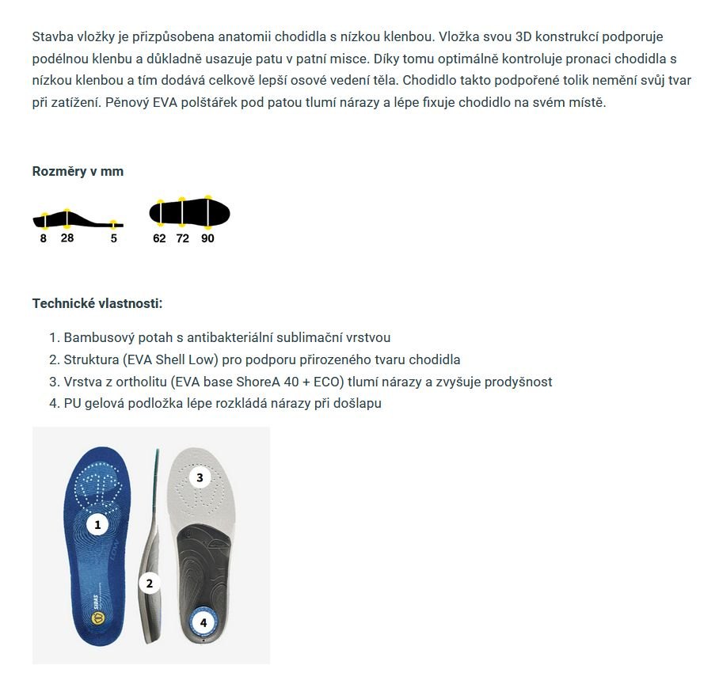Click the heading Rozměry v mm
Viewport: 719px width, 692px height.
[78, 171]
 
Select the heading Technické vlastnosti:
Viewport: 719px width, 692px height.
[97, 303]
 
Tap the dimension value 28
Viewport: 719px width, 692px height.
[67, 238]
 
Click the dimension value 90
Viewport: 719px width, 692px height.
[207, 238]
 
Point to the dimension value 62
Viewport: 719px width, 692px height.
[159, 238]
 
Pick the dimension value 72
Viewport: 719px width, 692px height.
[183, 238]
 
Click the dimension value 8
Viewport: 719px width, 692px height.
[44, 238]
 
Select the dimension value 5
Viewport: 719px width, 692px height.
[114, 238]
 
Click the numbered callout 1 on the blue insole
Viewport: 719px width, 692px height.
[97, 524]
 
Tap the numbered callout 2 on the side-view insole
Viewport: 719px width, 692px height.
[149, 584]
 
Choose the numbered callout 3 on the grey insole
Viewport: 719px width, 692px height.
[200, 477]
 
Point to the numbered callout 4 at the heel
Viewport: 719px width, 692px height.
[204, 623]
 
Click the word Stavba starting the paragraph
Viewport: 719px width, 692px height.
[51, 37]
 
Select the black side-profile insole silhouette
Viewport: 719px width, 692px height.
[77, 218]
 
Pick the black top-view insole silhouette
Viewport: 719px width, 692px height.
[190, 212]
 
